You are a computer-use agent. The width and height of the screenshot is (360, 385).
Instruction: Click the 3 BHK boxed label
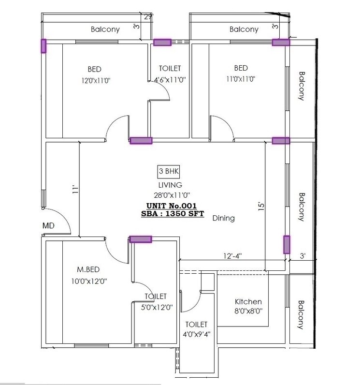click(x=170, y=172)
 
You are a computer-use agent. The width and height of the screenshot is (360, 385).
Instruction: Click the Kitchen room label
click(x=248, y=301)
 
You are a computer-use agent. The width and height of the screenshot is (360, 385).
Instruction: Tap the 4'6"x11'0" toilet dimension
click(x=167, y=79)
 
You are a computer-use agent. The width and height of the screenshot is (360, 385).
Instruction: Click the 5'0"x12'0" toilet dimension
click(x=155, y=307)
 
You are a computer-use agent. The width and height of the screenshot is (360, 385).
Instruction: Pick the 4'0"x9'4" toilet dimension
click(x=195, y=334)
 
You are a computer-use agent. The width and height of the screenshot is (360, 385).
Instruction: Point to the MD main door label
click(x=48, y=225)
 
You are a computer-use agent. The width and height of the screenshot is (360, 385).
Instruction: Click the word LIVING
click(x=170, y=185)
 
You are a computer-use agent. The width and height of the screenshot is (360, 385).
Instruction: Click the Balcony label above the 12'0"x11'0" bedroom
click(x=105, y=30)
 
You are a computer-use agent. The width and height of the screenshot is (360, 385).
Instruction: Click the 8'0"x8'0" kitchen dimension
click(x=248, y=311)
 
